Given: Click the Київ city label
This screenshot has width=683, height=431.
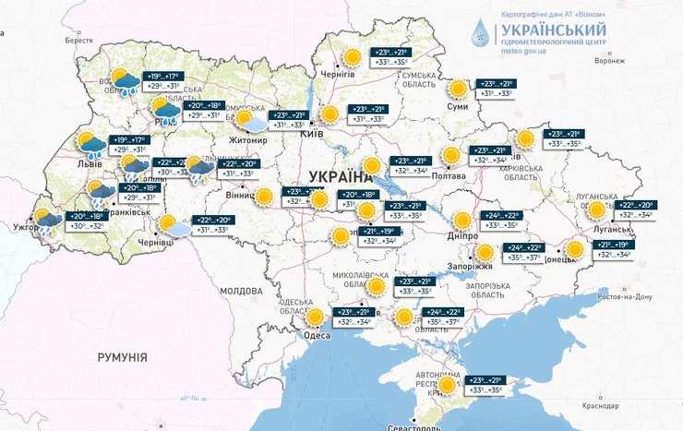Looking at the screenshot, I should (x=312, y=135).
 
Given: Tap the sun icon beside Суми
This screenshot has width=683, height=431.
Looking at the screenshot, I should (x=458, y=89).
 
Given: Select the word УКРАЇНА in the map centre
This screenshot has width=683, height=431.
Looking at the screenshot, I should (x=333, y=175).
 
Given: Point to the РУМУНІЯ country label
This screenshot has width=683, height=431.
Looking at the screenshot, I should (x=122, y=355).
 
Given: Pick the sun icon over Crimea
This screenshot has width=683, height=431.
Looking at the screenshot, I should (x=448, y=385).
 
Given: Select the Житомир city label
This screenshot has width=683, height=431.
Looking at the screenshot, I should (x=248, y=140).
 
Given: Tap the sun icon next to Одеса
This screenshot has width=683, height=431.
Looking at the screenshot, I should (x=316, y=317).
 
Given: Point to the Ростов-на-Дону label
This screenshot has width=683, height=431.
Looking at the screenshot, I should (x=625, y=296).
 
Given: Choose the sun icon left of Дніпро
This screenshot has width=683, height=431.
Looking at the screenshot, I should (x=462, y=220).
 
